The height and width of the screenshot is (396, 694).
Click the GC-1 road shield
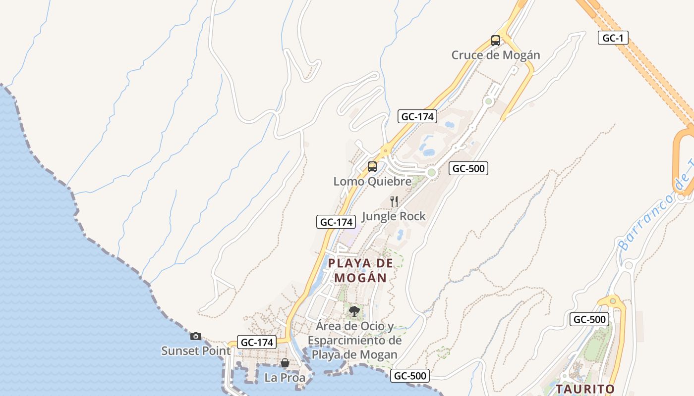click(613, 38)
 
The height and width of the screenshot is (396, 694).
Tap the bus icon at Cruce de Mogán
click(495, 40)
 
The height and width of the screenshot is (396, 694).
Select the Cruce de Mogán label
click(495, 55)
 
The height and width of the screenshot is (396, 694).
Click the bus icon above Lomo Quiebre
click(372, 167)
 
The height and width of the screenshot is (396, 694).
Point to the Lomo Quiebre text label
click(372, 181)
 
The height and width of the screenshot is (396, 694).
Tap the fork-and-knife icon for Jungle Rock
click(394, 201)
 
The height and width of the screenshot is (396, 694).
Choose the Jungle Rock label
click(394, 216)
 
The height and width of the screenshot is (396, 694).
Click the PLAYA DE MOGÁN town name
click(360, 270)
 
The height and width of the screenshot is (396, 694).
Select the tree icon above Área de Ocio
click(354, 311)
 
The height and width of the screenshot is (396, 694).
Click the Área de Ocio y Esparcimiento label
click(354, 341)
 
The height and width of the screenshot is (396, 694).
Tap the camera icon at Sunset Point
click(196, 336)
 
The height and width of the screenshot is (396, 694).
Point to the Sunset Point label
click(196, 351)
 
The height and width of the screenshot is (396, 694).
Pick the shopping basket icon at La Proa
click(285, 363)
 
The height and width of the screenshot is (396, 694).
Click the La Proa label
click(285, 378)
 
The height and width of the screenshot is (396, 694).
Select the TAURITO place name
click(585, 389)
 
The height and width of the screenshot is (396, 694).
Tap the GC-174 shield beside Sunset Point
click(257, 342)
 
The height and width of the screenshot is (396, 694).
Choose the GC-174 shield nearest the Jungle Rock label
click(336, 222)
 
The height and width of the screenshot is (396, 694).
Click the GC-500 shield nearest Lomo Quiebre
click(468, 168)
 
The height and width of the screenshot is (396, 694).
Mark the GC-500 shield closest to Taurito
click(589, 319)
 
